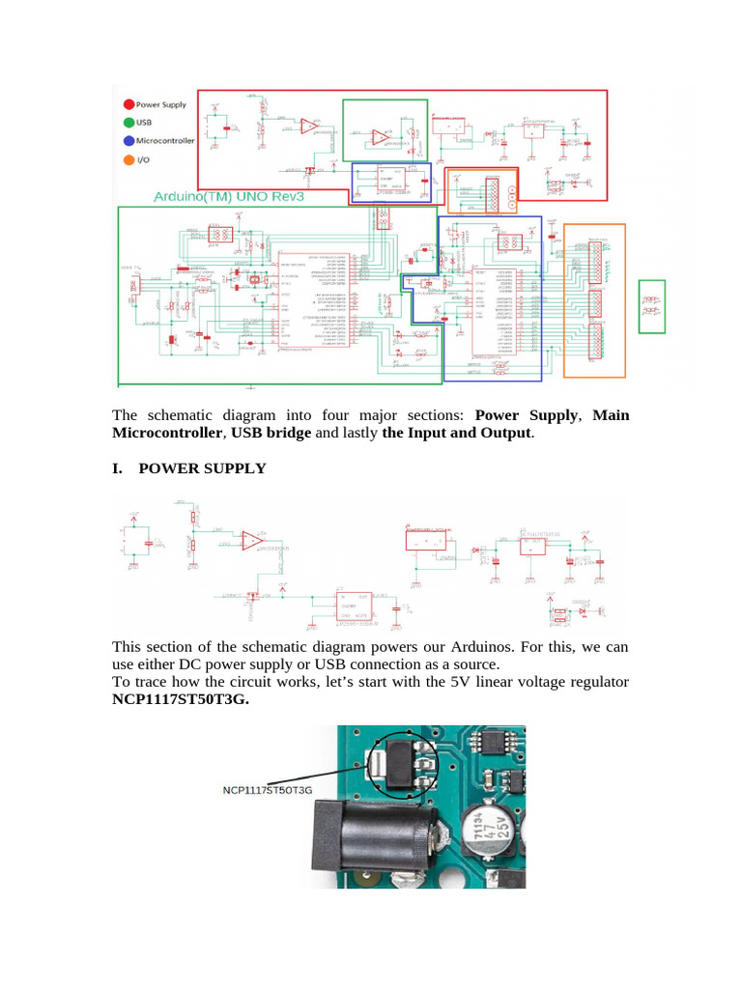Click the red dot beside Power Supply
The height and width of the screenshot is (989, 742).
(128, 104)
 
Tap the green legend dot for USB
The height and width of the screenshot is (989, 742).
(128, 123)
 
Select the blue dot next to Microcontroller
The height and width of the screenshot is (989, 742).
(128, 141)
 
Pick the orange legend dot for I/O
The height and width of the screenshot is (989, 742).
(128, 159)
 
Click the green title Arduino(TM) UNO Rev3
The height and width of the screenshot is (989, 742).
(231, 197)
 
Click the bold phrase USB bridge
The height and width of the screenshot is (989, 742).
(271, 433)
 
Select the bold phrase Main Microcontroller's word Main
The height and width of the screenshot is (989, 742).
(611, 415)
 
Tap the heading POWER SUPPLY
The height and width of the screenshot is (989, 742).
(202, 468)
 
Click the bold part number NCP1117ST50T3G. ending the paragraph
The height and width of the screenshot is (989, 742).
(181, 700)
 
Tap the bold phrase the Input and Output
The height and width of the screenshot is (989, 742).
(456, 433)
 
